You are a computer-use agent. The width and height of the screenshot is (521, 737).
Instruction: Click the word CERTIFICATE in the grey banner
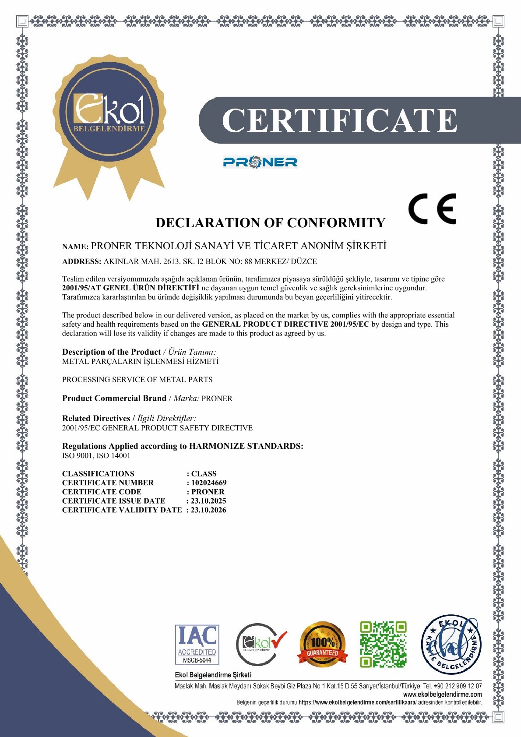coord(339,120)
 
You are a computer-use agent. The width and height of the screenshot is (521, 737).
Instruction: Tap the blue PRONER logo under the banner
coord(260,162)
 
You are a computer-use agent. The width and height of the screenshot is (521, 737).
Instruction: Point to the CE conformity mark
coord(432,209)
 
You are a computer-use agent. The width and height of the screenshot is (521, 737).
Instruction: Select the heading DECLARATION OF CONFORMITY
coord(270,223)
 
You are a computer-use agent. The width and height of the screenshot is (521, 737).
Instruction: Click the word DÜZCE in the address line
coord(304,261)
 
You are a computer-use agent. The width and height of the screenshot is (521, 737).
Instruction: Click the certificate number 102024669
coord(209,483)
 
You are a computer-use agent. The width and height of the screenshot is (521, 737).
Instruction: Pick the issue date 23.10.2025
coord(208,501)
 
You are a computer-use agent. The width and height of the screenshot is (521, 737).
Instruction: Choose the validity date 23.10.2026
coord(208,510)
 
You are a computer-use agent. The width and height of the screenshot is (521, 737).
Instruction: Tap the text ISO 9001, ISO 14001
coord(96,455)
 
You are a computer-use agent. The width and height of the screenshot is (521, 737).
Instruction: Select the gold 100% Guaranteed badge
coord(322,645)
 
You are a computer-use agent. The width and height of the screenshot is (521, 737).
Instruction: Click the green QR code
coord(383,644)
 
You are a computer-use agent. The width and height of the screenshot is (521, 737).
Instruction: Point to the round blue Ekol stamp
coord(451,644)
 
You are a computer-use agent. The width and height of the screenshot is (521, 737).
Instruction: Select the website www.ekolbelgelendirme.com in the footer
coord(442,694)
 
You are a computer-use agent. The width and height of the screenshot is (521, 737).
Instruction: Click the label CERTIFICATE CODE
coord(102,492)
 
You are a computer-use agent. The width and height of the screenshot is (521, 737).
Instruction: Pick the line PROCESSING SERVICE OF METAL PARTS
coord(137,380)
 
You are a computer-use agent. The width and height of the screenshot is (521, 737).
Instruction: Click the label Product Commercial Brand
coord(114,398)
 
